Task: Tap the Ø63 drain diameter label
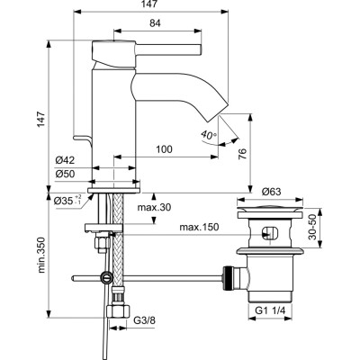point(273,190)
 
